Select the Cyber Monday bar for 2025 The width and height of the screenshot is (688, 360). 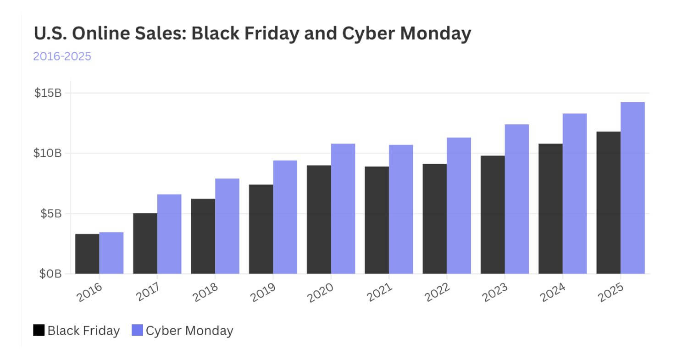tap(633, 188)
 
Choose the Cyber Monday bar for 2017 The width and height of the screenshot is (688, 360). tap(169, 234)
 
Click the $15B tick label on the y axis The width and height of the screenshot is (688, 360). tap(48, 93)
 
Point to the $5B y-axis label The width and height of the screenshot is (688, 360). tap(50, 214)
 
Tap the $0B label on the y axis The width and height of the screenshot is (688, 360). tap(50, 274)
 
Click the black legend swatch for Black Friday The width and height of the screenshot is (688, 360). tap(39, 330)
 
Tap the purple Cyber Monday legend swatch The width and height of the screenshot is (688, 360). tap(137, 330)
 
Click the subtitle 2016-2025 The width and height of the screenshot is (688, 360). tap(62, 56)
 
